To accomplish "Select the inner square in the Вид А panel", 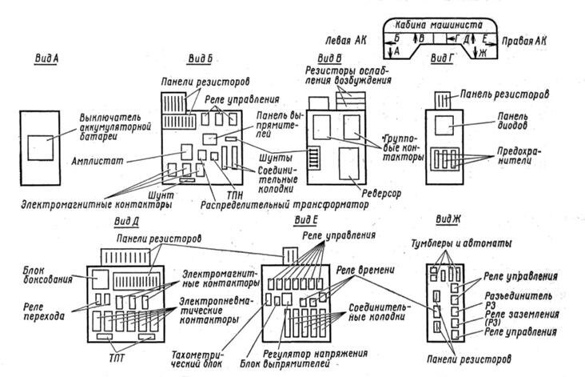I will (41, 149).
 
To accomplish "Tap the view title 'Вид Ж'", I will (448, 219).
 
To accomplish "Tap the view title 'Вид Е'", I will (307, 219).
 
